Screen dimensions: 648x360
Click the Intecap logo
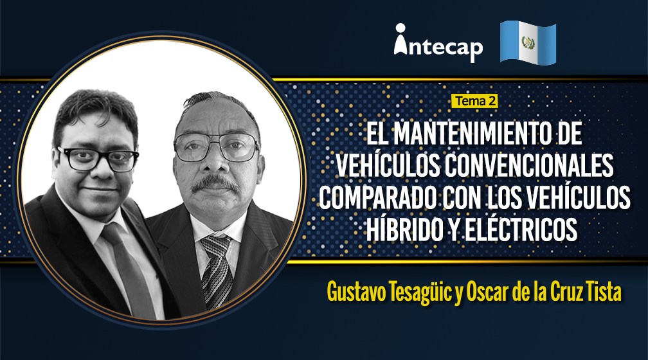pyautogui.click(x=438, y=43)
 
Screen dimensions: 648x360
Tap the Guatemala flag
pyautogui.click(x=528, y=42)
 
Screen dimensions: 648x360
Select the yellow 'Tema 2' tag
pyautogui.click(x=474, y=101)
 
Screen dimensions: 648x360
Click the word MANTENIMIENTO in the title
pyautogui.click(x=472, y=134)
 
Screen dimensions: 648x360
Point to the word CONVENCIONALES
pyautogui.click(x=530, y=166)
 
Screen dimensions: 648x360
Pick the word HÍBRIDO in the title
pyautogui.click(x=406, y=230)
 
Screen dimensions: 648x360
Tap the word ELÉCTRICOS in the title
pyautogui.click(x=522, y=230)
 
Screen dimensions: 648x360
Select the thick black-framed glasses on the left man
pyautogui.click(x=98, y=159)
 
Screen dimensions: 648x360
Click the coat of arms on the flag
pyautogui.click(x=528, y=42)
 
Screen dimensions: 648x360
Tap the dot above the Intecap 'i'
pyautogui.click(x=400, y=28)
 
